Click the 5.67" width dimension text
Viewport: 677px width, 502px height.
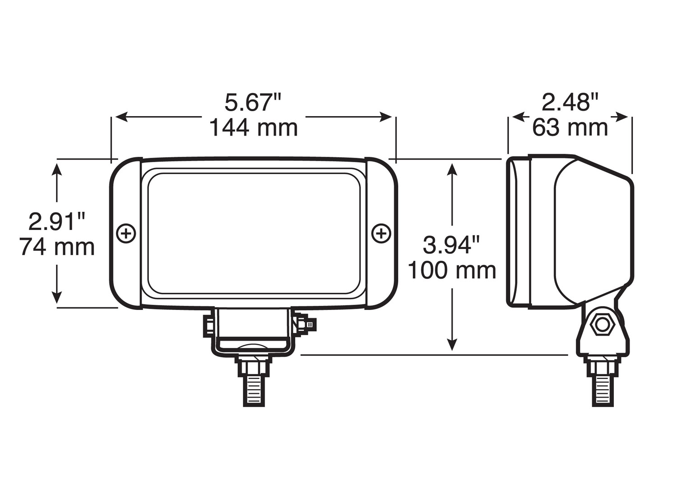coord(252,103)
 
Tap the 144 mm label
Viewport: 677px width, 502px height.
coord(253,128)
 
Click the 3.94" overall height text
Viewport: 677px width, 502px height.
coord(451,245)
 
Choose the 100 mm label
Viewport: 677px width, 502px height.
coord(452,271)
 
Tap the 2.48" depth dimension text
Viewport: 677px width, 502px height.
coord(570,103)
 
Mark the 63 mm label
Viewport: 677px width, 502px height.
coord(570,128)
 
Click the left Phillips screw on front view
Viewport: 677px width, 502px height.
coord(126,234)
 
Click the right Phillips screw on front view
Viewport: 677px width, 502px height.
coord(381,234)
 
